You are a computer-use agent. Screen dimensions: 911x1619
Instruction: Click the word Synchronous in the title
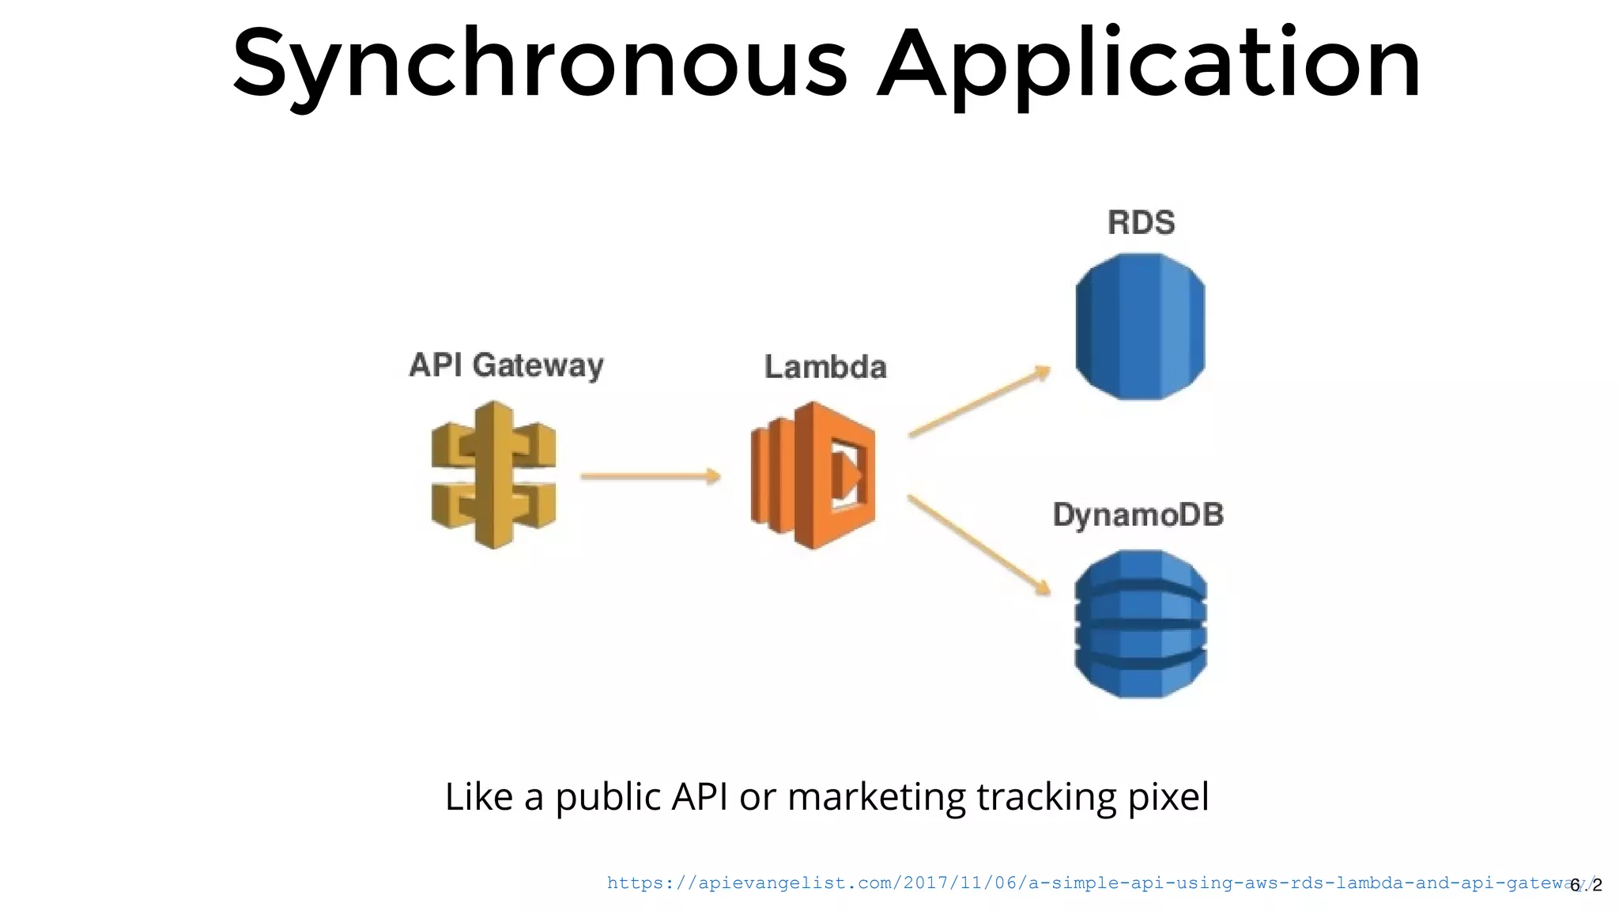[539, 63]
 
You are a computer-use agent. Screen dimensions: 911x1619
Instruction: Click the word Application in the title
[1149, 63]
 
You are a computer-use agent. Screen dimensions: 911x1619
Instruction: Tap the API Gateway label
[506, 365]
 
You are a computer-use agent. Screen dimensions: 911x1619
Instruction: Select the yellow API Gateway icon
[494, 475]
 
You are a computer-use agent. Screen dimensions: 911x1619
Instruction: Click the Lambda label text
[825, 367]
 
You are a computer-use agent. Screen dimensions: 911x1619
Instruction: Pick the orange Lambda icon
[813, 475]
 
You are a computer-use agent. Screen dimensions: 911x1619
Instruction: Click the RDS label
[1141, 222]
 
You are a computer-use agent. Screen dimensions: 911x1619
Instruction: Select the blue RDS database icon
[1140, 327]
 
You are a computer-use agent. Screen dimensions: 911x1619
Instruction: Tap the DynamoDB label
[1138, 515]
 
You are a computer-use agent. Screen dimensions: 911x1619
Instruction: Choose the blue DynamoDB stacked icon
[1140, 624]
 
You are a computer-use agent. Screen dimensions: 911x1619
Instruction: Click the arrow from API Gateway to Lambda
[650, 476]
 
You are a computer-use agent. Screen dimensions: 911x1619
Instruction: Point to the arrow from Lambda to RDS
[979, 401]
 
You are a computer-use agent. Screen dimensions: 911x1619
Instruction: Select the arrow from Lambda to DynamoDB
[979, 545]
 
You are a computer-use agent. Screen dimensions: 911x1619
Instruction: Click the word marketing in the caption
[877, 796]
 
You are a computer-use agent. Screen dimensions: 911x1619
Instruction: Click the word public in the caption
[607, 796]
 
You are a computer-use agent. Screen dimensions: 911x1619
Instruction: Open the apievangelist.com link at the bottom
[1083, 883]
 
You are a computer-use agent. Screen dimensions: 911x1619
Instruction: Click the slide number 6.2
[1586, 885]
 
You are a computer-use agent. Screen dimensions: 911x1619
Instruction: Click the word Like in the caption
[478, 796]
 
